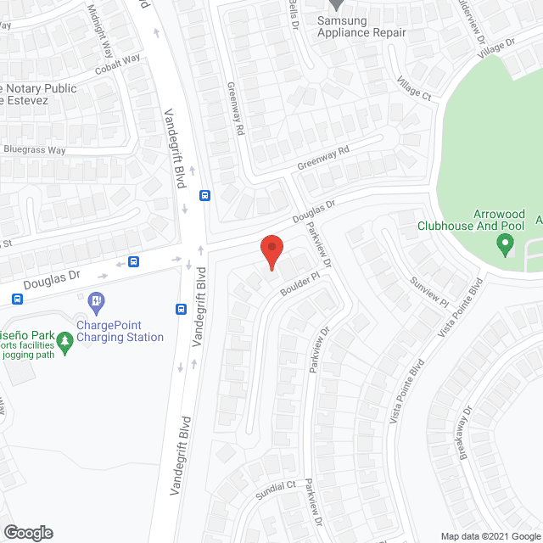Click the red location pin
point(271,252)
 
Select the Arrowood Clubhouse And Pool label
point(472,221)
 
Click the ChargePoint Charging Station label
point(120,331)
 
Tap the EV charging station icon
point(96,299)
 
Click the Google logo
point(27,534)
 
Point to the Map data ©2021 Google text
point(490,536)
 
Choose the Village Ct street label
point(414,88)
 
